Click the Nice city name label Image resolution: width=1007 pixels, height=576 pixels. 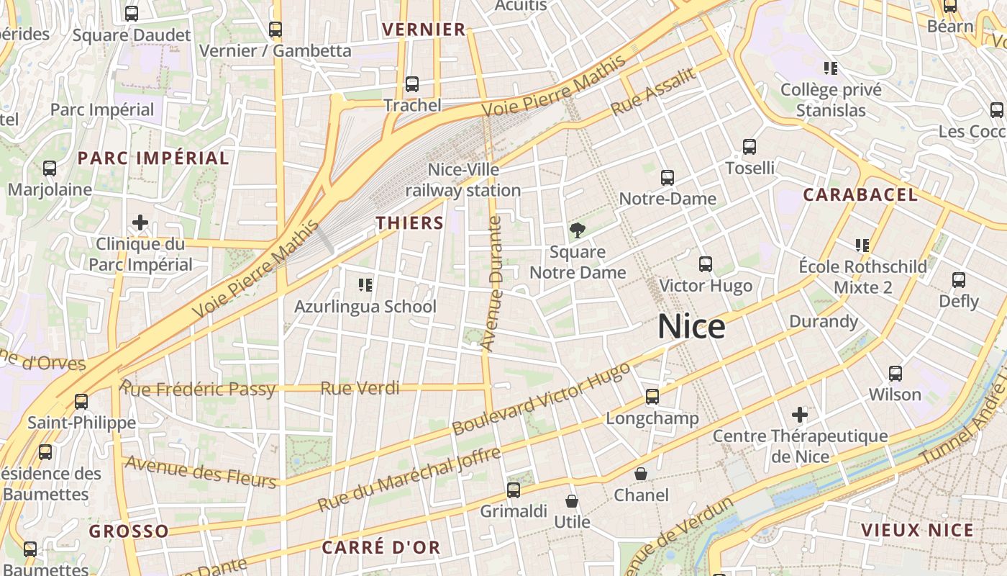tap(691, 327)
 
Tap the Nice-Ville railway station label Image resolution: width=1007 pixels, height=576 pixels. tap(463, 180)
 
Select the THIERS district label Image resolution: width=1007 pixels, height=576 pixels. tap(409, 222)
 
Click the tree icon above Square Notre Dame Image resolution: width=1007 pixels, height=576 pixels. tap(577, 230)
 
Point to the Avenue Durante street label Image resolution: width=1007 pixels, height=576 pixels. tap(493, 284)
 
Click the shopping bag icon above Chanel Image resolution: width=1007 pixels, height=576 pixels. tap(641, 474)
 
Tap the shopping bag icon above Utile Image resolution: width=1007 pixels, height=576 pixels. tap(572, 501)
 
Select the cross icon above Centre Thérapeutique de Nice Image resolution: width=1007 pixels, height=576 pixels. tap(800, 415)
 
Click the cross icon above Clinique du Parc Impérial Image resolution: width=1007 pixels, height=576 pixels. tap(140, 222)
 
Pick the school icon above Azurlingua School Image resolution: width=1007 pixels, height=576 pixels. tap(365, 285)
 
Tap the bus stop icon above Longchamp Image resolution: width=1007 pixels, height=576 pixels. tap(652, 397)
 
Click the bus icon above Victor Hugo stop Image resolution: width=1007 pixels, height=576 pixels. tap(706, 264)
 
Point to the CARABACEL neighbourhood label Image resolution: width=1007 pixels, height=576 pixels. tap(860, 194)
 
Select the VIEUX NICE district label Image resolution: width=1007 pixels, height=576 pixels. tap(917, 531)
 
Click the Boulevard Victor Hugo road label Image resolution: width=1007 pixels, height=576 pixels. tap(541, 398)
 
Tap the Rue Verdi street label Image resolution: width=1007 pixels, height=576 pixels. tap(360, 389)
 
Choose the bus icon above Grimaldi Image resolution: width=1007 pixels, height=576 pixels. tap(514, 490)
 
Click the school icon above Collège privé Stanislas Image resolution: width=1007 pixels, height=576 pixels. tap(831, 68)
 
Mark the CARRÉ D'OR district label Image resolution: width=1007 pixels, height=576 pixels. tap(381, 547)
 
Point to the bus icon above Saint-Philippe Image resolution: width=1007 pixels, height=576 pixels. tap(81, 401)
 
